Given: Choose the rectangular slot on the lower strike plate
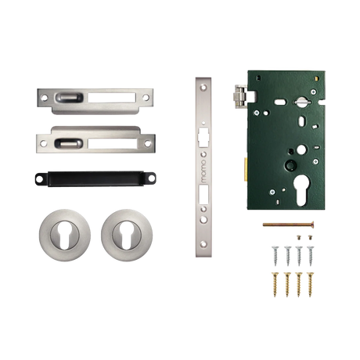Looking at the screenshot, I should coord(113,142).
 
